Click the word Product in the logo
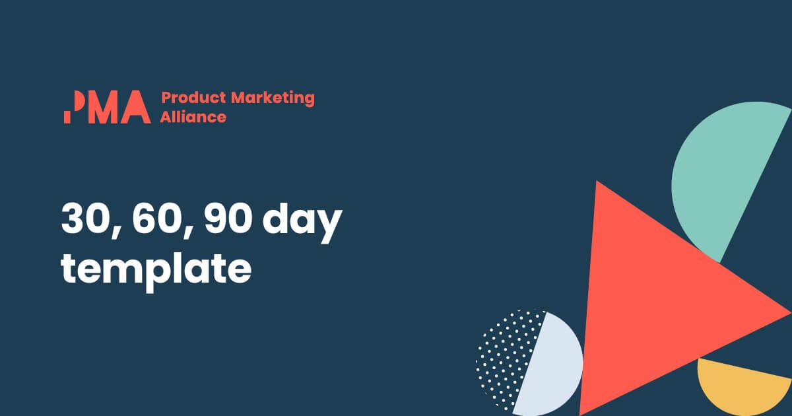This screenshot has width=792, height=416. tap(193, 98)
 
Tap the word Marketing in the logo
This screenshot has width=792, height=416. tap(273, 98)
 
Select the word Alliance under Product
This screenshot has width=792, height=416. tap(193, 117)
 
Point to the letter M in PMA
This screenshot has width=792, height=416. tap(103, 107)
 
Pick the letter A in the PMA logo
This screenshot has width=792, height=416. tap(136, 107)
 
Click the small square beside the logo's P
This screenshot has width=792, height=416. tap(67, 118)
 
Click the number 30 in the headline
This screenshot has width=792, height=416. tap(84, 219)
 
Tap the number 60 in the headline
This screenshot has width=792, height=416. tap(156, 219)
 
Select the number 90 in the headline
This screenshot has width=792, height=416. tap(228, 219)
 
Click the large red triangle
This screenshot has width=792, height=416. tap(657, 304)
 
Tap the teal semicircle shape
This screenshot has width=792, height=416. tap(718, 173)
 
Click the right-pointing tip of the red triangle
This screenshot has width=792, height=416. tap(790, 313)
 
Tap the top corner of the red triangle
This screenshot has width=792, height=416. tap(597, 182)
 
